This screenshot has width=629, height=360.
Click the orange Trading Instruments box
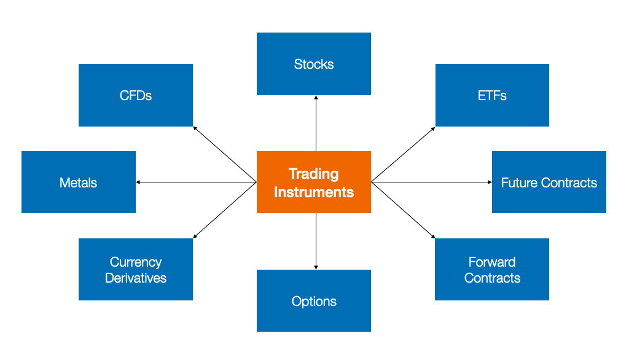(x=313, y=182)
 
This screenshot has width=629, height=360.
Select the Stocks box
(x=313, y=64)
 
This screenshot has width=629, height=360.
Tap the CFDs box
(x=135, y=95)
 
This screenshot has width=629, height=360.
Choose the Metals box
(x=78, y=182)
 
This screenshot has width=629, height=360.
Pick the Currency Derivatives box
(x=135, y=269)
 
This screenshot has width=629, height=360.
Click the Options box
(x=313, y=300)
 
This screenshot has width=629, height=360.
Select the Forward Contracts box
(x=491, y=269)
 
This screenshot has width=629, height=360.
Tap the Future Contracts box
(x=549, y=182)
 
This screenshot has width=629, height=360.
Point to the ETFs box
(x=491, y=95)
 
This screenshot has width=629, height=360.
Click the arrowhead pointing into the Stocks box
(x=316, y=98)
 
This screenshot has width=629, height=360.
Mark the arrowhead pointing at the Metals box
(x=139, y=182)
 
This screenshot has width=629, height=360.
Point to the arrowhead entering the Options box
(x=316, y=267)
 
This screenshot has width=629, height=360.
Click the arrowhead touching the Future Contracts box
(x=489, y=182)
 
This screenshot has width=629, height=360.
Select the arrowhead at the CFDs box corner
(x=195, y=128)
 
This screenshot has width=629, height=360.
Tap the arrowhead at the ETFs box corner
(x=433, y=128)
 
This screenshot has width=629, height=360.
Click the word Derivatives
(x=136, y=278)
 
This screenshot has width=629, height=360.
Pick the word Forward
(x=492, y=262)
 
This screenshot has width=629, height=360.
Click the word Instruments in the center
(x=313, y=192)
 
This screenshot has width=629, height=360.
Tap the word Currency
(x=136, y=262)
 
